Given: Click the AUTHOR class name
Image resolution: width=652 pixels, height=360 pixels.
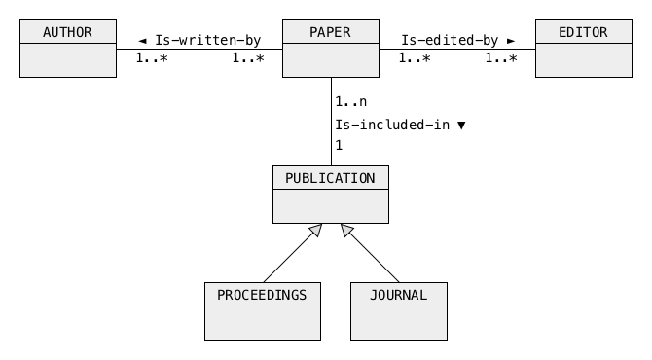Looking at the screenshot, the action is coord(67,32).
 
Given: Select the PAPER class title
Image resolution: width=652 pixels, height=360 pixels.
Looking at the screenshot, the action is coord(330,32).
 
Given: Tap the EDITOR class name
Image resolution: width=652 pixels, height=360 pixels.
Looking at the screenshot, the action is coord(583,32).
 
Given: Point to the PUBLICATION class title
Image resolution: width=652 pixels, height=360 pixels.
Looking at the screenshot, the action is coord(330,178).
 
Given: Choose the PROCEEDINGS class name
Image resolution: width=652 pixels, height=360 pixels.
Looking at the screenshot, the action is coord(262,295).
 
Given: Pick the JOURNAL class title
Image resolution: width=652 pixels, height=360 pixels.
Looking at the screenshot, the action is coord(398,295).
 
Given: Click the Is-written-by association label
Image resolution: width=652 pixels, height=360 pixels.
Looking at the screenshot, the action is coord(208,40).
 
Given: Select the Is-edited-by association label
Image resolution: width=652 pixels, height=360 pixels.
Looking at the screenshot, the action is coord(450,40).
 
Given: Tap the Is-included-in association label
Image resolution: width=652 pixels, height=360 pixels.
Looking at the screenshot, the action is coord(392,125).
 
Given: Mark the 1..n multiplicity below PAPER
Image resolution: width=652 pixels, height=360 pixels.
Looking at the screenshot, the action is coord(351,102).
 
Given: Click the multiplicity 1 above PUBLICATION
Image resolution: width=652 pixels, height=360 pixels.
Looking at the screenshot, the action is coord(340,146).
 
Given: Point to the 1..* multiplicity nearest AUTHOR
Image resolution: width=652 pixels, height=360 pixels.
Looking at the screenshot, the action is coord(152,58).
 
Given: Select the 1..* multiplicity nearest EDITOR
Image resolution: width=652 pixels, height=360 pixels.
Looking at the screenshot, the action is coord(501,58).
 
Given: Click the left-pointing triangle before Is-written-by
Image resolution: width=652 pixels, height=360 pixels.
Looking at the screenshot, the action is coord(143,41).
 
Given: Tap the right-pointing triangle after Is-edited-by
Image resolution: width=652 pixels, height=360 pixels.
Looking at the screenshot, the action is coord(511,41).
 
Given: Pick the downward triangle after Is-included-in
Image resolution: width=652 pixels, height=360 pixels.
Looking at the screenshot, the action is coord(461,126).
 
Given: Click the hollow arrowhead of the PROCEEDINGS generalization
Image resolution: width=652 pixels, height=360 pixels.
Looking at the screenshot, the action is coord(316,230).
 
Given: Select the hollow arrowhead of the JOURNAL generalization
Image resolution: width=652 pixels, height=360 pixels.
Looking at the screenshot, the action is coord(346,230).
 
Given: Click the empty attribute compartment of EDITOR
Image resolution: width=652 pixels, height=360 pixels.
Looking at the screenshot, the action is coord(584,60).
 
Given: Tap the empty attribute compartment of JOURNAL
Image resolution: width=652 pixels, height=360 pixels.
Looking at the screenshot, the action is coord(399,323).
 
